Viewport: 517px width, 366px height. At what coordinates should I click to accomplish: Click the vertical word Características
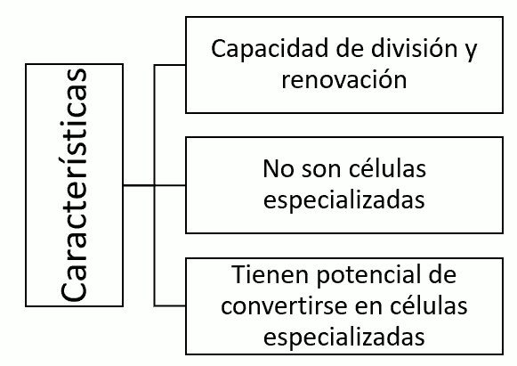tap(74, 185)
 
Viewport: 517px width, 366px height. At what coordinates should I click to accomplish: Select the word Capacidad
tap(270, 48)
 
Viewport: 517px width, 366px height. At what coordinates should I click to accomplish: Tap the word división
tap(414, 48)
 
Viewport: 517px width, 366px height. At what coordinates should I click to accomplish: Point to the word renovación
tap(344, 79)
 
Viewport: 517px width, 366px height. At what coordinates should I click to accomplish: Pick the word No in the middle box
tap(279, 168)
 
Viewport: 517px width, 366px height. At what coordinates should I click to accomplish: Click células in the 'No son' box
tap(387, 167)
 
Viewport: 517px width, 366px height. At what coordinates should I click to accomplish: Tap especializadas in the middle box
tap(344, 200)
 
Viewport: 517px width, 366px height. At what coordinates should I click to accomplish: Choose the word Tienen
tap(271, 274)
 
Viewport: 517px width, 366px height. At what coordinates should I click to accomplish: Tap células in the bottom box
tap(429, 305)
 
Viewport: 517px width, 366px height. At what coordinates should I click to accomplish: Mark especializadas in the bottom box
tap(344, 338)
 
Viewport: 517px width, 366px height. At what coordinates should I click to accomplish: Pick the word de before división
tap(350, 48)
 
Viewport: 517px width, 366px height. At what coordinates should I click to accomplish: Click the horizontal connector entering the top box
tap(170, 65)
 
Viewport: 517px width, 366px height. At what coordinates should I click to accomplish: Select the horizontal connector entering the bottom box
tap(170, 306)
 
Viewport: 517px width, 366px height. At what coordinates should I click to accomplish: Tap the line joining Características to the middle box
tap(155, 185)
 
